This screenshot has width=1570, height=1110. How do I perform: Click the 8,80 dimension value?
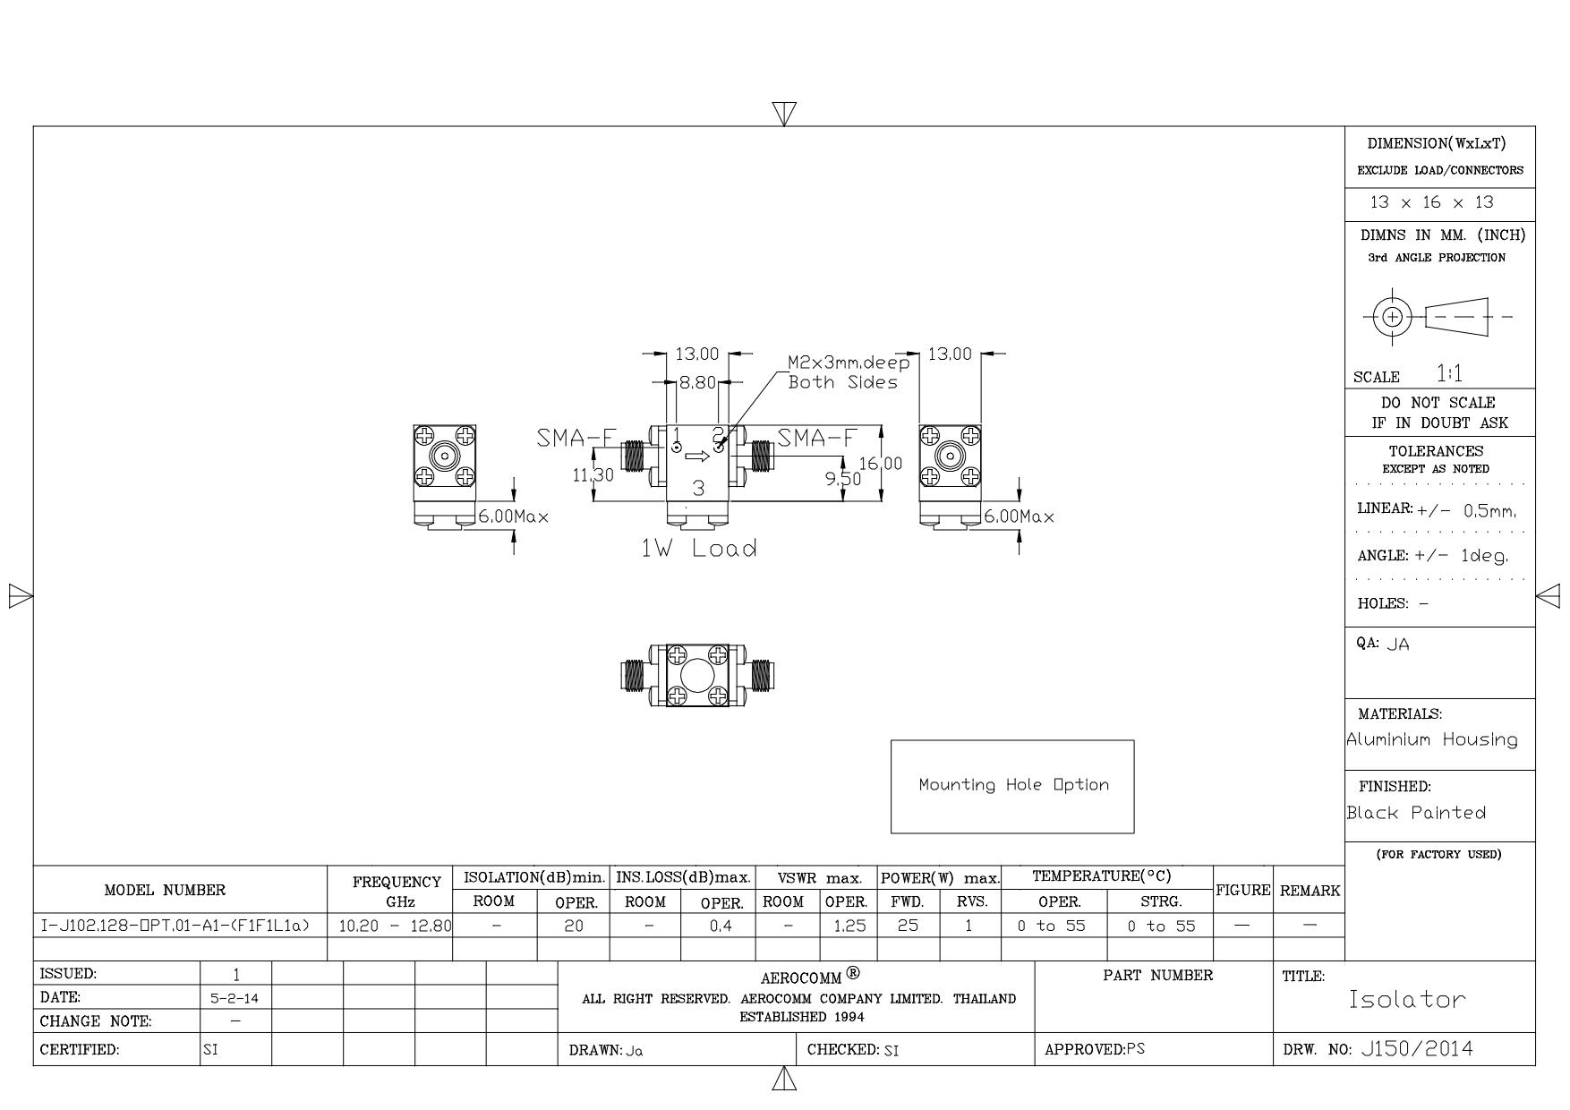(x=697, y=383)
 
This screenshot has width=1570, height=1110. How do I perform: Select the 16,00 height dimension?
(x=881, y=464)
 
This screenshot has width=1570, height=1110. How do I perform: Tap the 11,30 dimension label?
(x=593, y=475)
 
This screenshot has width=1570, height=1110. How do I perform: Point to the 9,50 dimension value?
(x=843, y=479)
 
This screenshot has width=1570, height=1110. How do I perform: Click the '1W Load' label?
(x=698, y=549)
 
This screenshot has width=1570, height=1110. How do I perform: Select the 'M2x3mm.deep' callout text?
(x=849, y=363)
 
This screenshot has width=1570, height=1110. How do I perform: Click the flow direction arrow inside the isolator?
(x=697, y=457)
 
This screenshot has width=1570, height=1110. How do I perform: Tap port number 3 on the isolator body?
(x=699, y=489)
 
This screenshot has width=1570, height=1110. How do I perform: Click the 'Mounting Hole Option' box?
(x=1012, y=786)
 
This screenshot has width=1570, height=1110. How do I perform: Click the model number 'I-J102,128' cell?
(x=175, y=926)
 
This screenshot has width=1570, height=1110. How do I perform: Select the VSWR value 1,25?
(x=849, y=926)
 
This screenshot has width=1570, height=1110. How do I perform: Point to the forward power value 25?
(x=908, y=926)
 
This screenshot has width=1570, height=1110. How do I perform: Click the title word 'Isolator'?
(x=1407, y=999)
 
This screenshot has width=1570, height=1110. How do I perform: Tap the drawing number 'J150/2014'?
(x=1416, y=1049)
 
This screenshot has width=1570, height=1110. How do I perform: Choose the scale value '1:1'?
(x=1449, y=373)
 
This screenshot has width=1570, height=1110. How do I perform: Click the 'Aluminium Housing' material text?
(x=1432, y=739)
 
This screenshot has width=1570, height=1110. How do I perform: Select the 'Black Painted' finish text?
(x=1416, y=813)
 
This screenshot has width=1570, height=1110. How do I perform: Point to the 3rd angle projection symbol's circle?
(x=1392, y=316)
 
